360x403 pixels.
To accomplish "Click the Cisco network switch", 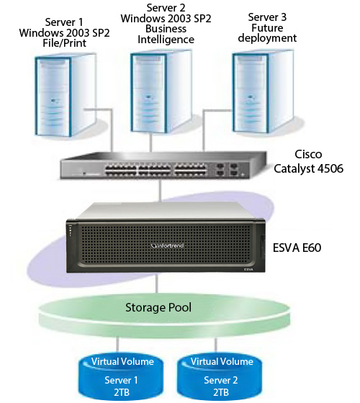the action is tap(163, 166).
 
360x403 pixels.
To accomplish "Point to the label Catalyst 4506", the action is tap(308, 168).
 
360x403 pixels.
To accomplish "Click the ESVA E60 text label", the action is tap(297, 248).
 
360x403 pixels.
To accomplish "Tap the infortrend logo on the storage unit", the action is tap(167, 245).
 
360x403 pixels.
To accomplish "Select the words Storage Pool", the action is tap(158, 307).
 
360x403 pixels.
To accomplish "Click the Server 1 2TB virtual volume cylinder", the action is tap(121, 376).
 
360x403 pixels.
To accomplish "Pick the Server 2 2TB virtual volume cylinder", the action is tap(220, 376).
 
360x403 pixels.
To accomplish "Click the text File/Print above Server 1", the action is tap(65, 43).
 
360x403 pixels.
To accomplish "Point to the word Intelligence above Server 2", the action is tap(166, 40).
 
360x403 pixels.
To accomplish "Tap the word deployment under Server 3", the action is tap(267, 38).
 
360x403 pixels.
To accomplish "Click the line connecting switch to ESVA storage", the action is tap(160, 191).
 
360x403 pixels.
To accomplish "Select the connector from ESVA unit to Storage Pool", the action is tap(157, 283).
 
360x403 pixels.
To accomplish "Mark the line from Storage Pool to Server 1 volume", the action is tap(118, 345).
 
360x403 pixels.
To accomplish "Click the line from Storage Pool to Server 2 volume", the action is tap(215, 345).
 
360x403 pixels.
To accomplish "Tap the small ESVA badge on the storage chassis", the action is tap(248, 269).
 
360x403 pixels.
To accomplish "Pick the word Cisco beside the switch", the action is tap(308, 154).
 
